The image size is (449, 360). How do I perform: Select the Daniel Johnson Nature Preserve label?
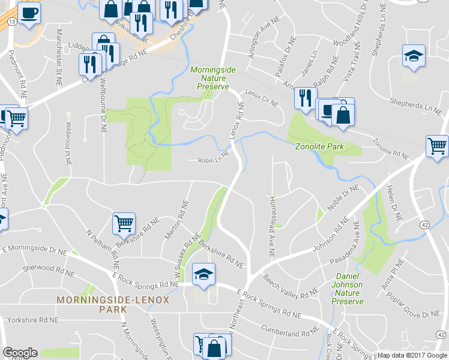pyautogui.click(x=348, y=289)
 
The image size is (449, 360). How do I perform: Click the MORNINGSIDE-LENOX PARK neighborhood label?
pyautogui.click(x=113, y=304)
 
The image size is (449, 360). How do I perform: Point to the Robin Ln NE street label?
pyautogui.click(x=214, y=160)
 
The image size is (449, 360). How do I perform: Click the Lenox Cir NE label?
pyautogui.click(x=261, y=99)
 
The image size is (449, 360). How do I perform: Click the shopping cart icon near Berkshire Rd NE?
pyautogui.click(x=124, y=223)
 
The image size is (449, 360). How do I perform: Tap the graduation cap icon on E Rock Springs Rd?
pyautogui.click(x=203, y=274)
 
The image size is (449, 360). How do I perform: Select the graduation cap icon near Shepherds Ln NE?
pyautogui.click(x=413, y=56)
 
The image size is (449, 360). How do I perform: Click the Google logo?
pyautogui.click(x=20, y=353)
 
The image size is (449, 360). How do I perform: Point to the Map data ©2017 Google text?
pyautogui.click(x=412, y=355)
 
